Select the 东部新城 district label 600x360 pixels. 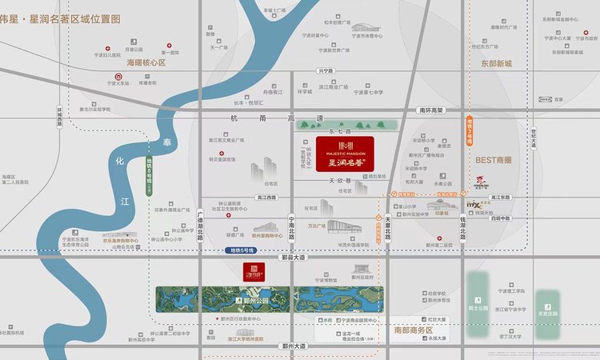point(495,63)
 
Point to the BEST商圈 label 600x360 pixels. point(493,160)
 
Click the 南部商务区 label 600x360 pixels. point(413,330)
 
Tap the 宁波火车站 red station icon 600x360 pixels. point(111,73)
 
